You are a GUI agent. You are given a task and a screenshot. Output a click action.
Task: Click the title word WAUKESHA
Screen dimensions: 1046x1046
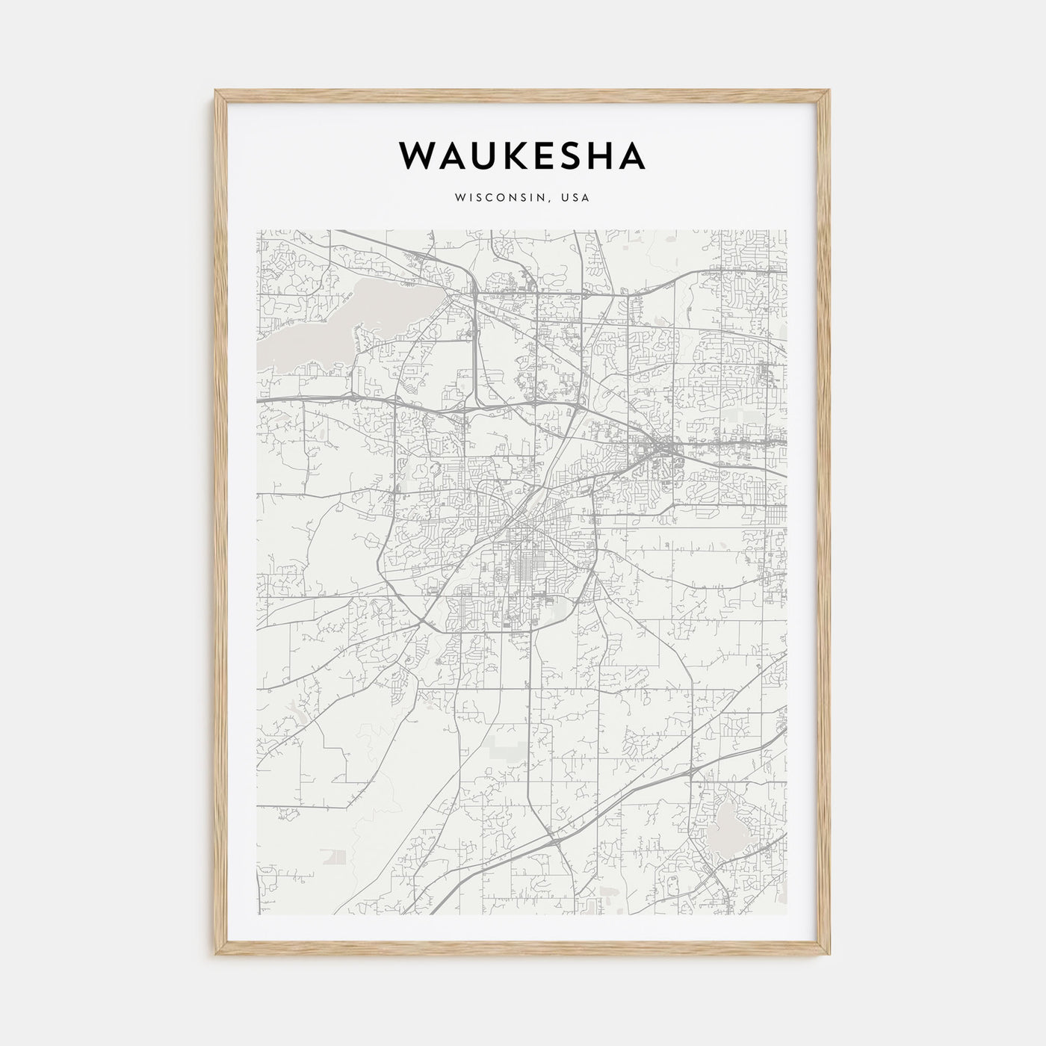click(x=522, y=156)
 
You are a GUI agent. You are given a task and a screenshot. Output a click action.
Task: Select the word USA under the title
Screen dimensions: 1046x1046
click(x=578, y=198)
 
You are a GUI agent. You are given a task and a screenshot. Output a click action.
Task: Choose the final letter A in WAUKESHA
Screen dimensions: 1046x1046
click(x=632, y=156)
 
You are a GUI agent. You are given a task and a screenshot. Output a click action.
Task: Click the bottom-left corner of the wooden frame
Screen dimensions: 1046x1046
click(x=217, y=954)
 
